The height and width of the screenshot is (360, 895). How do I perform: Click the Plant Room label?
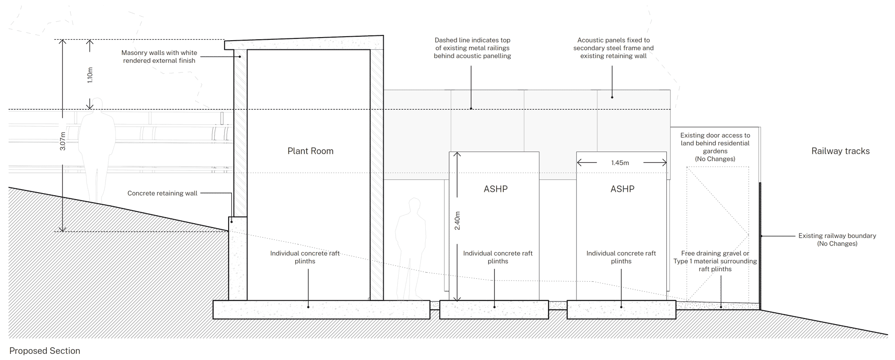click(x=310, y=151)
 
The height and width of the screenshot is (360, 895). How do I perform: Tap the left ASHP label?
click(x=496, y=189)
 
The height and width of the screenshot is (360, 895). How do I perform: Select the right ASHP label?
click(x=622, y=189)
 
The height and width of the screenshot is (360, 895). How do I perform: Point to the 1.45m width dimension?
click(x=620, y=163)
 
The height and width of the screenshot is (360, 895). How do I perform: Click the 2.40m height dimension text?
click(x=458, y=221)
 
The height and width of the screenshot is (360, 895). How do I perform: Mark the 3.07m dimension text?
click(x=63, y=141)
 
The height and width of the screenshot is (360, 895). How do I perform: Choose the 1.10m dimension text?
click(x=90, y=75)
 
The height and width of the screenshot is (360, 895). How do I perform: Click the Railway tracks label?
click(x=840, y=151)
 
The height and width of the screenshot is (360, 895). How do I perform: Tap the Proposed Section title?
click(x=45, y=351)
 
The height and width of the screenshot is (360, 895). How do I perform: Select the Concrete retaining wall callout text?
click(x=162, y=193)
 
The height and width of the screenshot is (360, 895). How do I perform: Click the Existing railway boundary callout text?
click(x=837, y=239)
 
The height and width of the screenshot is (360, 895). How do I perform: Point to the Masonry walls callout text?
click(x=159, y=57)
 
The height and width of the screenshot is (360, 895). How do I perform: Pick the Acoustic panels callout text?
click(x=613, y=48)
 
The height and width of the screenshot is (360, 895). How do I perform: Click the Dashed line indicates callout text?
click(x=472, y=48)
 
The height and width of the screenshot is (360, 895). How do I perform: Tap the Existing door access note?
click(x=715, y=147)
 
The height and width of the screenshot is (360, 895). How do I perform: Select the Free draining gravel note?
click(x=715, y=261)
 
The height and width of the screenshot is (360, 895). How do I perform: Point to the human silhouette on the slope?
click(x=98, y=149)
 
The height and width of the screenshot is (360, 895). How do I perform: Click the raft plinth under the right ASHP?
click(x=621, y=310)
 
